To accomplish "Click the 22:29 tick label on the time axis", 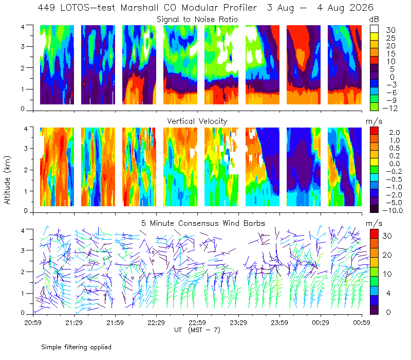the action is pyautogui.click(x=156, y=322).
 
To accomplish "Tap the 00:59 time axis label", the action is pyautogui.click(x=362, y=322).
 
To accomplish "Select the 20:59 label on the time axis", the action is pyautogui.click(x=33, y=322).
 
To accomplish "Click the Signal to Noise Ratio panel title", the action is pyautogui.click(x=197, y=20).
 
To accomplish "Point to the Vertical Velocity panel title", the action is pyautogui.click(x=197, y=121).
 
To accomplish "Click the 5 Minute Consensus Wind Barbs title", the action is pyautogui.click(x=203, y=223).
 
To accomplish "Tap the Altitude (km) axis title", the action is pyautogui.click(x=7, y=180).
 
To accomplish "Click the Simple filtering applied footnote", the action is pyautogui.click(x=76, y=347).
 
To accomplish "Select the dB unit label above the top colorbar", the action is pyautogui.click(x=374, y=20).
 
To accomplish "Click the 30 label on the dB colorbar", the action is pyautogui.click(x=390, y=30).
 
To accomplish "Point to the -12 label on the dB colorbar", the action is pyautogui.click(x=390, y=108).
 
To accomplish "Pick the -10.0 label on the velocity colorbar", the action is pyautogui.click(x=393, y=210).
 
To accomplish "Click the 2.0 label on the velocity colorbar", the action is pyautogui.click(x=395, y=133).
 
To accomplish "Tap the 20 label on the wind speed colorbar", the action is pyautogui.click(x=387, y=255).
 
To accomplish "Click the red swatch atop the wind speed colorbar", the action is pyautogui.click(x=374, y=234).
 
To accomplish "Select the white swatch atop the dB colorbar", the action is pyautogui.click(x=374, y=29).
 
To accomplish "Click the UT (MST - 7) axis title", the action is pyautogui.click(x=197, y=330).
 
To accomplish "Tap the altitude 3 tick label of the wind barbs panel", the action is pyautogui.click(x=23, y=250).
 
